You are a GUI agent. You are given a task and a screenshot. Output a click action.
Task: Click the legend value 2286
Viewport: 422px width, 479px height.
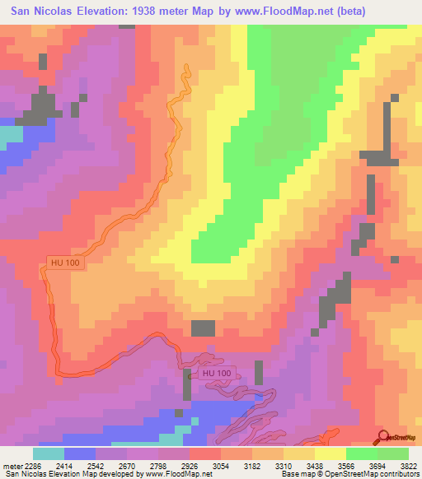pos(32,464)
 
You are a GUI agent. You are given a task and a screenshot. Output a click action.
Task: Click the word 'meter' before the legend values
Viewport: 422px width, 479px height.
pos(10,464)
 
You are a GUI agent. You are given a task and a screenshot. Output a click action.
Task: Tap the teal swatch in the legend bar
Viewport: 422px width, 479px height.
pos(48,453)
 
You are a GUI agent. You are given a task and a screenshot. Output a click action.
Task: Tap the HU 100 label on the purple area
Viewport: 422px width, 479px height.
pos(217,374)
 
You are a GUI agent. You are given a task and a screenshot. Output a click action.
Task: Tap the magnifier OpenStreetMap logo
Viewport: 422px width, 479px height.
pos(383,436)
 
